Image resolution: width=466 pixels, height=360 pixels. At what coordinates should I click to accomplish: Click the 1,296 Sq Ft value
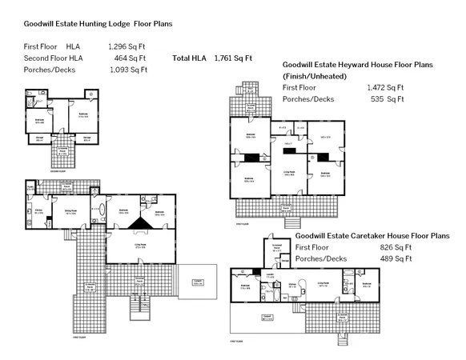(127, 47)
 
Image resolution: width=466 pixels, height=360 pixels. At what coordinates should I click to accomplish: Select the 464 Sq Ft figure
(130, 58)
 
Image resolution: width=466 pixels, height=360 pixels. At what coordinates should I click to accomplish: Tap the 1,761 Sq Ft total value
(233, 58)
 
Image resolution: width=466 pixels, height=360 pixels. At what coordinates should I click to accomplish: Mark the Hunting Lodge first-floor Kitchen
(38, 212)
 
